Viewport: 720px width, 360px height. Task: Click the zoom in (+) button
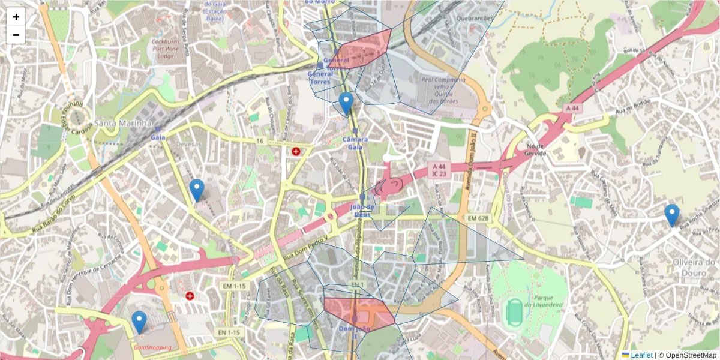(16, 17)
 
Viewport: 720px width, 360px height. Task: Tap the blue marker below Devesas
(197, 190)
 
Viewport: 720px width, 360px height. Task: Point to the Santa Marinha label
(123, 123)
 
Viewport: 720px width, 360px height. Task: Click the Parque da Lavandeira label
(542, 301)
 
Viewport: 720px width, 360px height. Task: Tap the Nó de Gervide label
(535, 149)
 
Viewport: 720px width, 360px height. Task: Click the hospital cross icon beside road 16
(296, 152)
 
